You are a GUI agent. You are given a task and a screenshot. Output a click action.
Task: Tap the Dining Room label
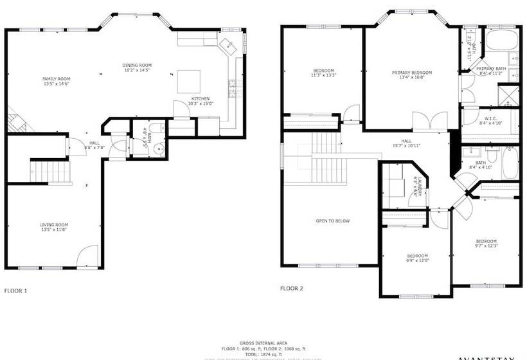point(136,67)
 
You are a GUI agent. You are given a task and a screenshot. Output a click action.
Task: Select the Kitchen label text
point(201,101)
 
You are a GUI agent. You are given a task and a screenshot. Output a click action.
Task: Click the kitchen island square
point(188,80)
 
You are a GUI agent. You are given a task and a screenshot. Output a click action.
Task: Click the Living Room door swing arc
point(87,256)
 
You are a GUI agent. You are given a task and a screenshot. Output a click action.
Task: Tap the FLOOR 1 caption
point(15,291)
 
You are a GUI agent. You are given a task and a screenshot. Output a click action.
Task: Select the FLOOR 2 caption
point(291,288)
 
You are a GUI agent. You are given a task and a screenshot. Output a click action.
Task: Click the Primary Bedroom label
point(412,75)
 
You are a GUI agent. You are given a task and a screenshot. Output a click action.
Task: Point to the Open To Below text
point(333,221)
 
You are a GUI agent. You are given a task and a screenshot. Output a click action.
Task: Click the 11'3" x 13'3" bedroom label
point(323,73)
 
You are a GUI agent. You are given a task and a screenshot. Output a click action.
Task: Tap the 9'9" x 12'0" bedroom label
point(417,258)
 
